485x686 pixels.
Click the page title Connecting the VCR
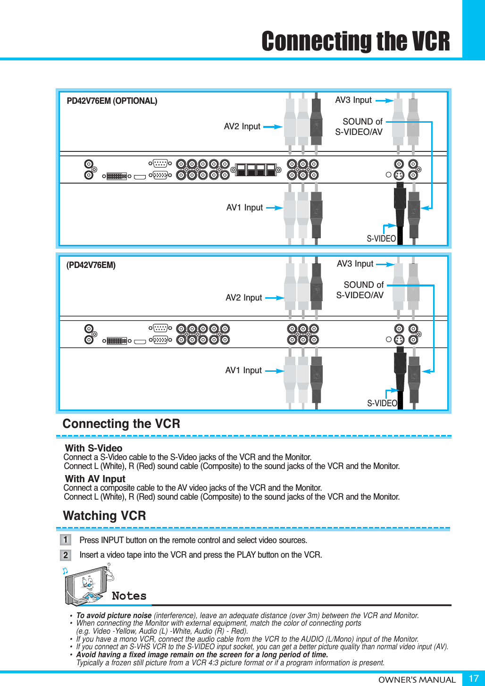tap(356, 41)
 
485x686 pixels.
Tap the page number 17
tap(473, 678)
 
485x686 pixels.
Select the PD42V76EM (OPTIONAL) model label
tap(112, 101)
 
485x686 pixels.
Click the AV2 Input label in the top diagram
tap(242, 126)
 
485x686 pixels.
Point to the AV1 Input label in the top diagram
tap(244, 208)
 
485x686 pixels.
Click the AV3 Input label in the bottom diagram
tap(355, 264)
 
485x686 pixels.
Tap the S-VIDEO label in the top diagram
tap(381, 239)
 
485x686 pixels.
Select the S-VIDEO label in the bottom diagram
tap(382, 403)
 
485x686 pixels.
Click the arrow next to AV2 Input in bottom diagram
tap(274, 298)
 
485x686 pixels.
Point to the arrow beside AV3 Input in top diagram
tap(384, 100)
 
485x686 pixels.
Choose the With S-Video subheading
tap(93, 448)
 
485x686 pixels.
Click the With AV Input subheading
tap(95, 479)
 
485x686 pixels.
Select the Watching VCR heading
tap(104, 516)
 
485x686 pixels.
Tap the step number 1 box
tap(66, 539)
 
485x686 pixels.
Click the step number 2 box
tap(66, 555)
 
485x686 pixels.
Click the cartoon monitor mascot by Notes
tap(87, 585)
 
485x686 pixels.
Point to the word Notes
tap(129, 596)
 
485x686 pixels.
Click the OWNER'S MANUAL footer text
tap(417, 680)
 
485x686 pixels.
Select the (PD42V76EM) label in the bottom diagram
tap(91, 265)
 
